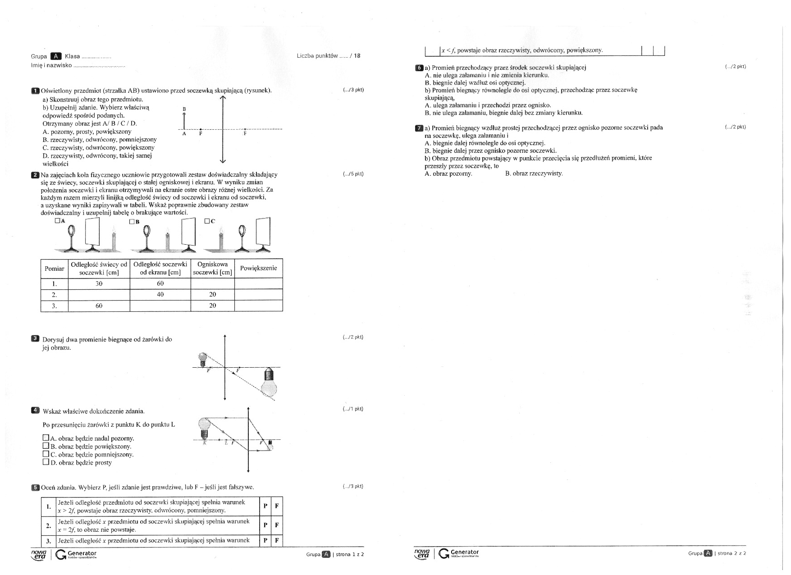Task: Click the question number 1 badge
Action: [36, 91]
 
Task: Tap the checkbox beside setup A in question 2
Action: [57, 221]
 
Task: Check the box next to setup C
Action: [207, 221]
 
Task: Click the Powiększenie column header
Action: [258, 268]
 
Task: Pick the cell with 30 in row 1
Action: [99, 283]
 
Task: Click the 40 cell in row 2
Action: [160, 295]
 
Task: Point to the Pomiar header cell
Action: [55, 268]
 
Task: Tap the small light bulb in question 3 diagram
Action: [203, 359]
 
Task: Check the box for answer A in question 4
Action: [46, 438]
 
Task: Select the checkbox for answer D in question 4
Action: [46, 462]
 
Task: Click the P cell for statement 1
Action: [265, 506]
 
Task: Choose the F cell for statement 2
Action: [277, 525]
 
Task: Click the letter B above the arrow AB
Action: [184, 110]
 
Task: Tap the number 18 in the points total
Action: [357, 56]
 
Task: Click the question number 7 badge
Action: [419, 128]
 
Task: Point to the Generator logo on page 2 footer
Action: [458, 553]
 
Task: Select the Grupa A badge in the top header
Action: [56, 56]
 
